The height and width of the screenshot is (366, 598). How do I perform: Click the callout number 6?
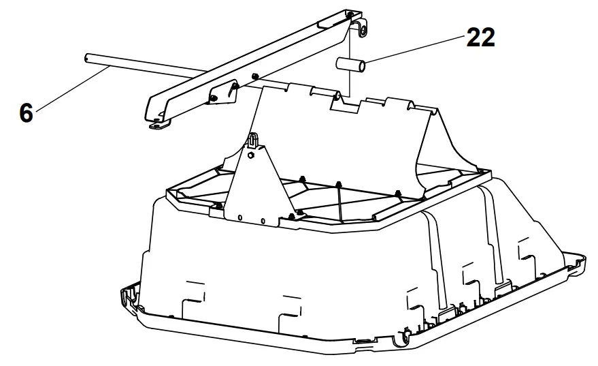pos(25,112)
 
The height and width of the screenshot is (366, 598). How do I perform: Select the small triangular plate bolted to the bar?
pos(221,95)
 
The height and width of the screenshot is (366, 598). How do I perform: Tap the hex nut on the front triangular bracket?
pos(250,155)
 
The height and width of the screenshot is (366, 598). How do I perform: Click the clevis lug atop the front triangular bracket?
pos(253,140)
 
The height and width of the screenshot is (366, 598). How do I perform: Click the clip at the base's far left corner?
pos(125,297)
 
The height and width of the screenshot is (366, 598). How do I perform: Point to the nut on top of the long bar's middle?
pos(254,75)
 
